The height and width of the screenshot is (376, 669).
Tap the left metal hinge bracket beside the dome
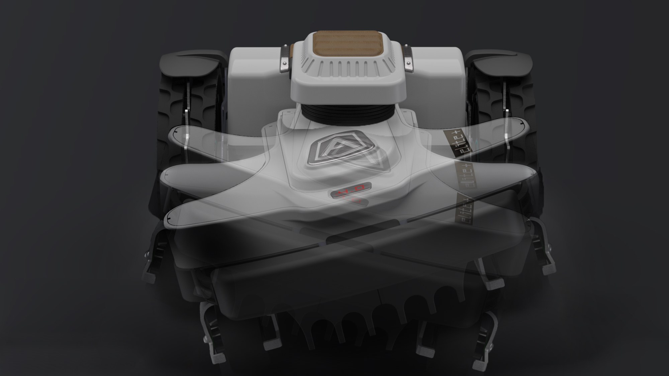pos(285,59)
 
